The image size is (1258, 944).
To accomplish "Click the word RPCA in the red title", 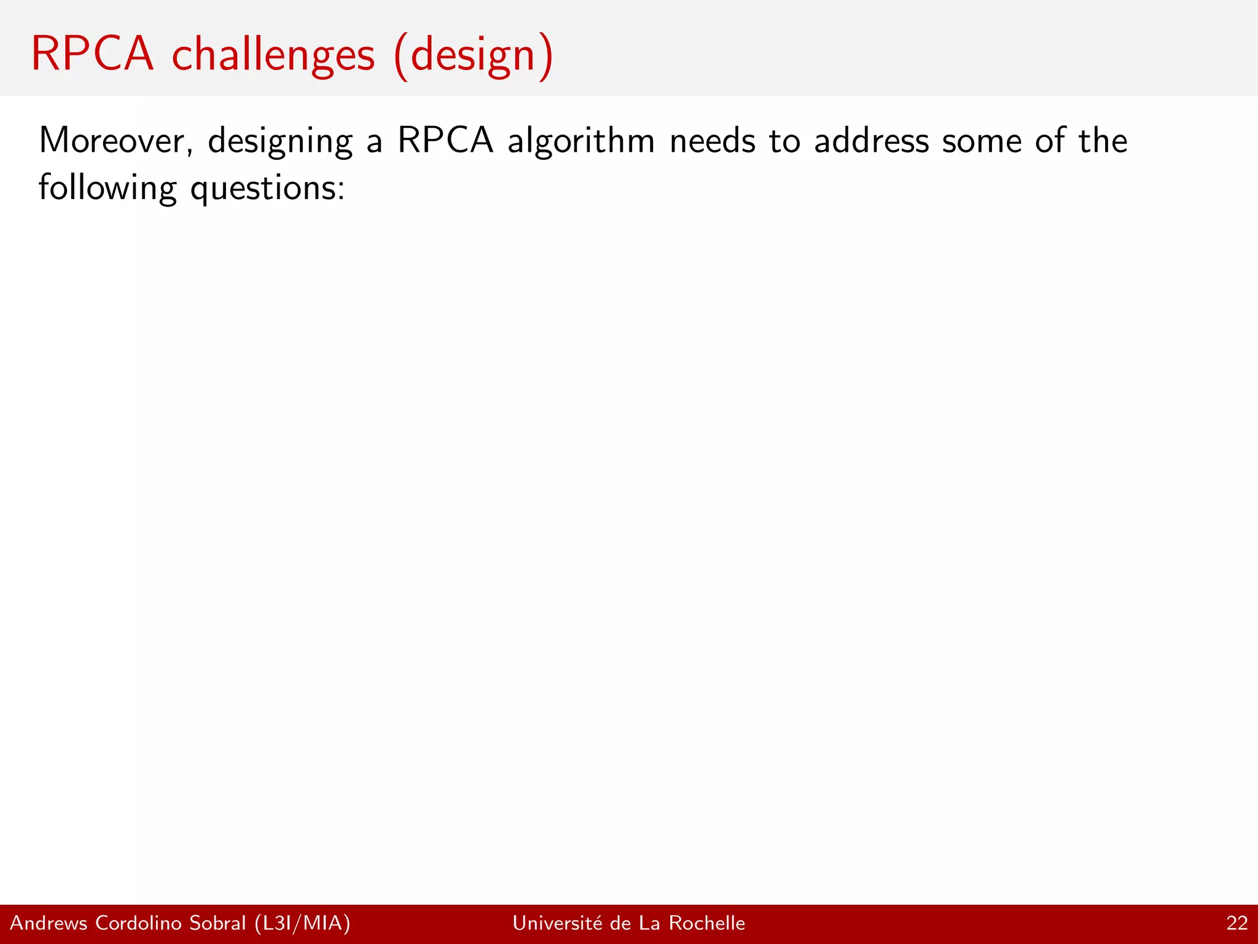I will [92, 54].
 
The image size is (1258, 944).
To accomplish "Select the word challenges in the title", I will [273, 55].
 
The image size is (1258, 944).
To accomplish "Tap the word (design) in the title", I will [474, 57].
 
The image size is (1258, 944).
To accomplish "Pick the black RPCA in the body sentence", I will [445, 140].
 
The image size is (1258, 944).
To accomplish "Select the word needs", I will [713, 141].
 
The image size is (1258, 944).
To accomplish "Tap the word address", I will [872, 141].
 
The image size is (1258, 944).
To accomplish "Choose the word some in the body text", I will [982, 141].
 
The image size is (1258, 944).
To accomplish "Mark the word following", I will [107, 188].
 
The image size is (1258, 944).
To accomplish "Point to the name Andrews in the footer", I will [49, 923].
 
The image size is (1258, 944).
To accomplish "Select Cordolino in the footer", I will [139, 923].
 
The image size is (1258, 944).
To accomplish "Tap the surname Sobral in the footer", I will [217, 923].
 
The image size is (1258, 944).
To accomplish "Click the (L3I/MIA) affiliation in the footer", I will [302, 923].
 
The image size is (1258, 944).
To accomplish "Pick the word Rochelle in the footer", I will [706, 923].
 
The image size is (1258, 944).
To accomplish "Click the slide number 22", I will [1237, 923].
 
